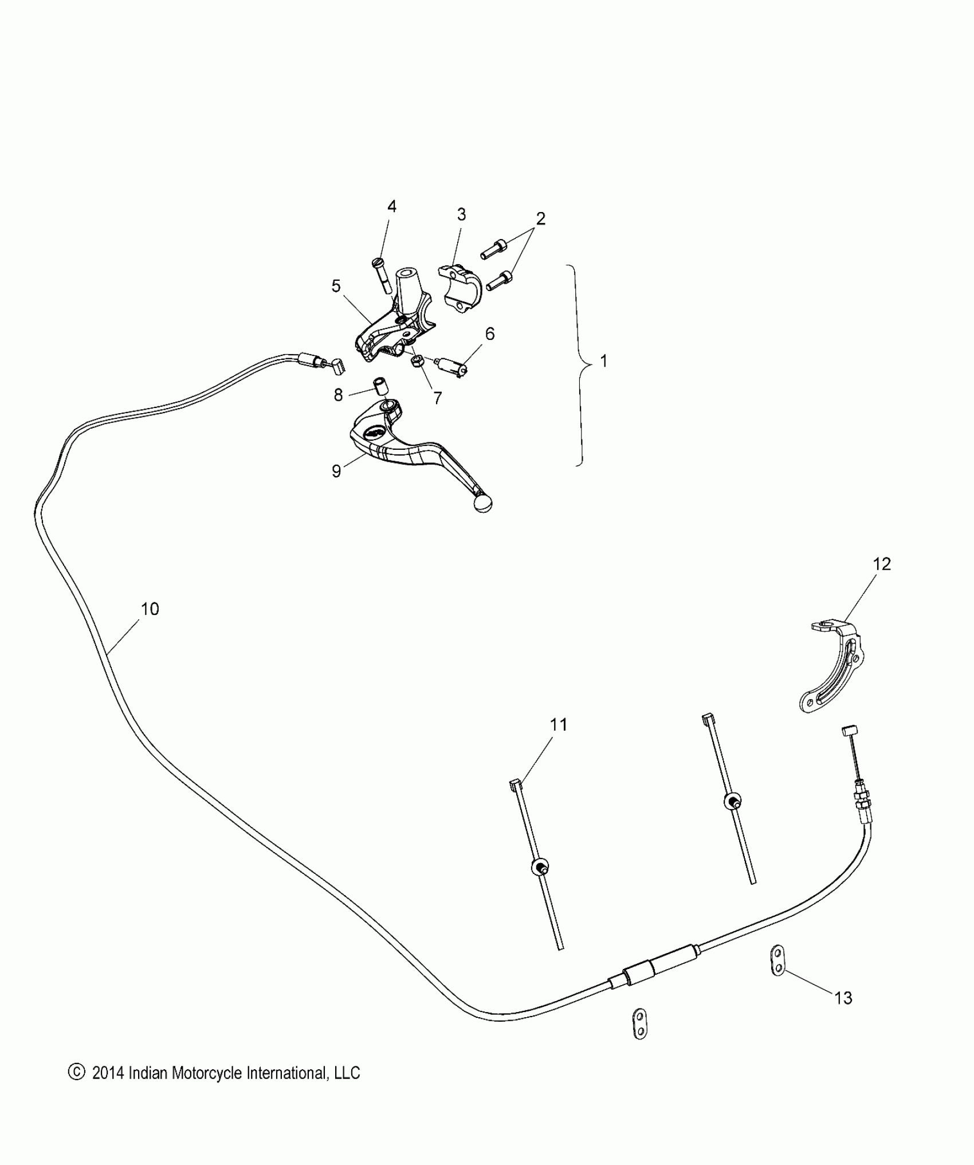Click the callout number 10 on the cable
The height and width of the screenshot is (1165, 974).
[x=150, y=609]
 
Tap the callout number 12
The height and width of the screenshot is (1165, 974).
[x=882, y=564]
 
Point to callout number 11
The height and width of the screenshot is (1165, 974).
[x=559, y=725]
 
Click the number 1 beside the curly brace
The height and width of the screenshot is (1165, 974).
[x=603, y=361]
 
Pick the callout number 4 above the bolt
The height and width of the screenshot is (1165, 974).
[x=392, y=207]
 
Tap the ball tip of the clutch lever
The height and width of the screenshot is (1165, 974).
[x=482, y=504]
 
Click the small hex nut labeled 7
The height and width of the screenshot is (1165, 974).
[x=418, y=361]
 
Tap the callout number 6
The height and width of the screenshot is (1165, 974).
[x=489, y=334]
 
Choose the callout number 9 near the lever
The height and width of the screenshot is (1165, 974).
[x=336, y=471]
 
